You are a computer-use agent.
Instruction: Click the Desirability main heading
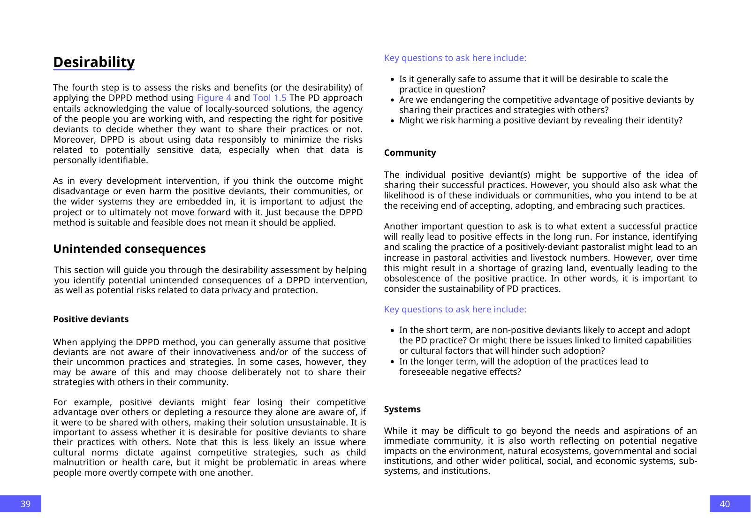tap(94, 62)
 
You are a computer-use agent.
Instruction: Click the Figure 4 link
tap(214, 98)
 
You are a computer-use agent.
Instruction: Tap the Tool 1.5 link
tap(269, 98)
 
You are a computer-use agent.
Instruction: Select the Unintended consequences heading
tap(129, 249)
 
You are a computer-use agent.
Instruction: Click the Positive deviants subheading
tap(91, 319)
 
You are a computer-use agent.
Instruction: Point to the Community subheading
tap(410, 152)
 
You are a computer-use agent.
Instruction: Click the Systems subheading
tap(402, 409)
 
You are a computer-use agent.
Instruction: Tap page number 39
tap(25, 504)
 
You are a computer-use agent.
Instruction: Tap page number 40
tap(725, 504)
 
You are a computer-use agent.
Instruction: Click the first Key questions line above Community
tap(455, 58)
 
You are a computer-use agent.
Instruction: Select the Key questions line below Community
tap(455, 309)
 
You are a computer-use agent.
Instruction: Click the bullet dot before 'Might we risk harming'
tap(392, 121)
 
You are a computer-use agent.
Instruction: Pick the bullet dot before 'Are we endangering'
tap(392, 100)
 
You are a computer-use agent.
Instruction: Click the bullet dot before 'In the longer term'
tap(392, 362)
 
